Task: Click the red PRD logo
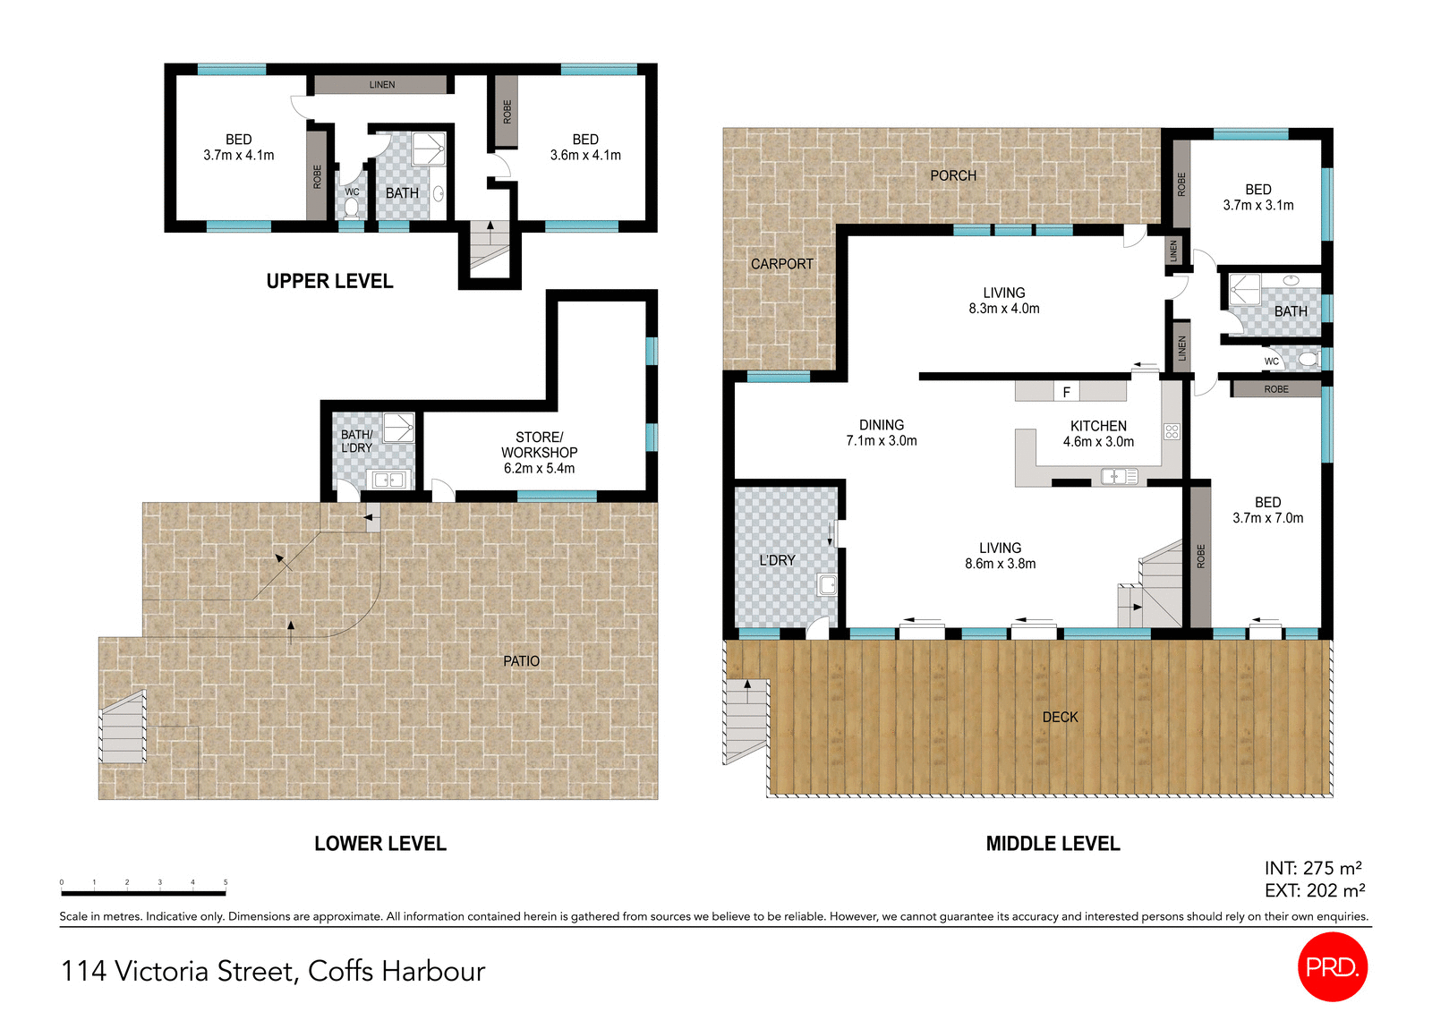click(x=1332, y=966)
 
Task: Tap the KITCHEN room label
click(x=1098, y=426)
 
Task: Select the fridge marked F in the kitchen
click(x=1066, y=392)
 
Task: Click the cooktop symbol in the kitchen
click(x=1172, y=431)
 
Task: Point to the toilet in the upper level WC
click(x=351, y=208)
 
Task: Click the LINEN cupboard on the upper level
click(x=381, y=85)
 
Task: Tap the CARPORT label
click(x=781, y=264)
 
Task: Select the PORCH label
click(x=953, y=175)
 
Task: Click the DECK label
click(x=1060, y=717)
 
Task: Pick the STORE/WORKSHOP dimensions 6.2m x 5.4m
click(x=539, y=468)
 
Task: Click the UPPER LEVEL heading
click(x=329, y=281)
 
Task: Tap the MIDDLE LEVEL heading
click(x=1053, y=844)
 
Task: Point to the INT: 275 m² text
click(x=1312, y=868)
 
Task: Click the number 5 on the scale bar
click(x=226, y=882)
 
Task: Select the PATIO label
click(x=521, y=660)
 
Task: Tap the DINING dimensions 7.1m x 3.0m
click(x=881, y=440)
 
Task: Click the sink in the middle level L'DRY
click(x=827, y=585)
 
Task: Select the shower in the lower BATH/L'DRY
click(x=399, y=427)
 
